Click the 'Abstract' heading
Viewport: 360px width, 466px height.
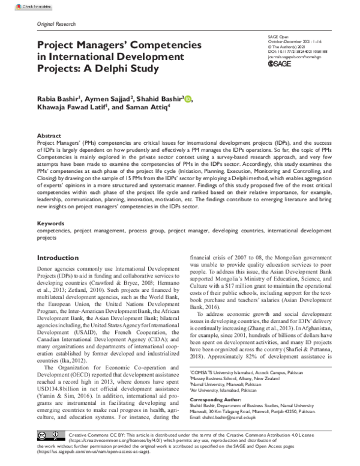coord(49,136)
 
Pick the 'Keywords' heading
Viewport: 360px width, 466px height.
coord(51,223)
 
